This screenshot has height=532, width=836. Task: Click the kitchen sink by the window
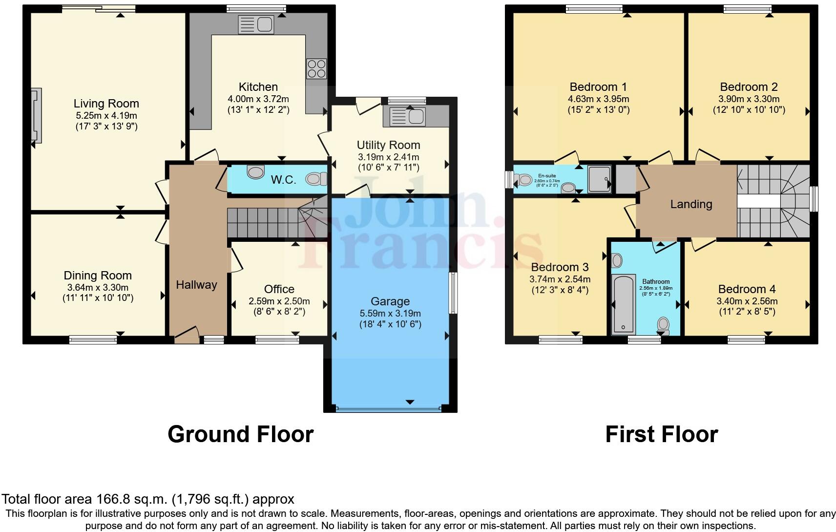pyautogui.click(x=256, y=24)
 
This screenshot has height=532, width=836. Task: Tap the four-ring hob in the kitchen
pyautogui.click(x=316, y=69)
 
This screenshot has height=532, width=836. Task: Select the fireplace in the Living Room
pyautogui.click(x=36, y=116)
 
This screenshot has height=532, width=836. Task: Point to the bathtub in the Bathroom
pyautogui.click(x=623, y=303)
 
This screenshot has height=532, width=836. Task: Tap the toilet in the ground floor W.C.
pyautogui.click(x=316, y=179)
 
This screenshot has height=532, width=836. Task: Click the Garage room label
pyautogui.click(x=390, y=301)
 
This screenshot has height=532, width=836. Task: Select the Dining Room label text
pyautogui.click(x=98, y=276)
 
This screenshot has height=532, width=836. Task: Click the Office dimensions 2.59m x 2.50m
pyautogui.click(x=279, y=301)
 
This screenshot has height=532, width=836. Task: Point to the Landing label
pyautogui.click(x=690, y=204)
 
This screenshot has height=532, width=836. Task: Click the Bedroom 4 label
pyautogui.click(x=747, y=289)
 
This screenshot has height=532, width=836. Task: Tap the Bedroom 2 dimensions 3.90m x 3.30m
pyautogui.click(x=749, y=99)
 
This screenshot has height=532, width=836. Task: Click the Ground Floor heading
pyautogui.click(x=240, y=434)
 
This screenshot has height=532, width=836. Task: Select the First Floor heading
pyautogui.click(x=661, y=434)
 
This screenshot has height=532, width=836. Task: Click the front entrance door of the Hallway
pyautogui.click(x=187, y=335)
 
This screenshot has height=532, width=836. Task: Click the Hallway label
pyautogui.click(x=196, y=285)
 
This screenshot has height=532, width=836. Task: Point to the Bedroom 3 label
pyautogui.click(x=560, y=267)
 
